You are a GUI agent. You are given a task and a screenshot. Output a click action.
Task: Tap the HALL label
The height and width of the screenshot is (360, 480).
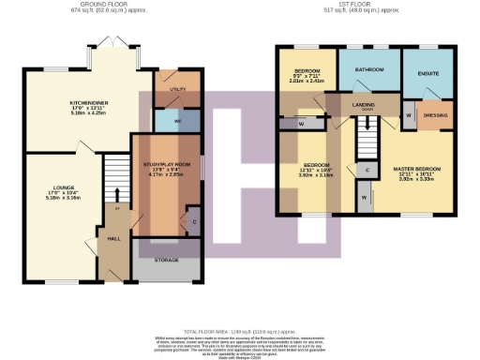[x=115, y=239]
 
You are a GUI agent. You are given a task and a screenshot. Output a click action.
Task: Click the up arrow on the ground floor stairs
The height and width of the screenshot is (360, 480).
[x=117, y=199]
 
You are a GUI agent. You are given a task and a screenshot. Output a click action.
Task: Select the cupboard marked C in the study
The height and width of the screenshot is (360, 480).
[x=194, y=221]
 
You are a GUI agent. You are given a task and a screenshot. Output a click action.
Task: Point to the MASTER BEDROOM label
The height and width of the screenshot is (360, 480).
[x=419, y=169]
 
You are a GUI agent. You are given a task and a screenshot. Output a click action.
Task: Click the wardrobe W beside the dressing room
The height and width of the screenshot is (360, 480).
[x=409, y=116]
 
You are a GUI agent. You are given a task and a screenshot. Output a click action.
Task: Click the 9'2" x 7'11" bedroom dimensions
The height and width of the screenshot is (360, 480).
[x=305, y=78]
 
